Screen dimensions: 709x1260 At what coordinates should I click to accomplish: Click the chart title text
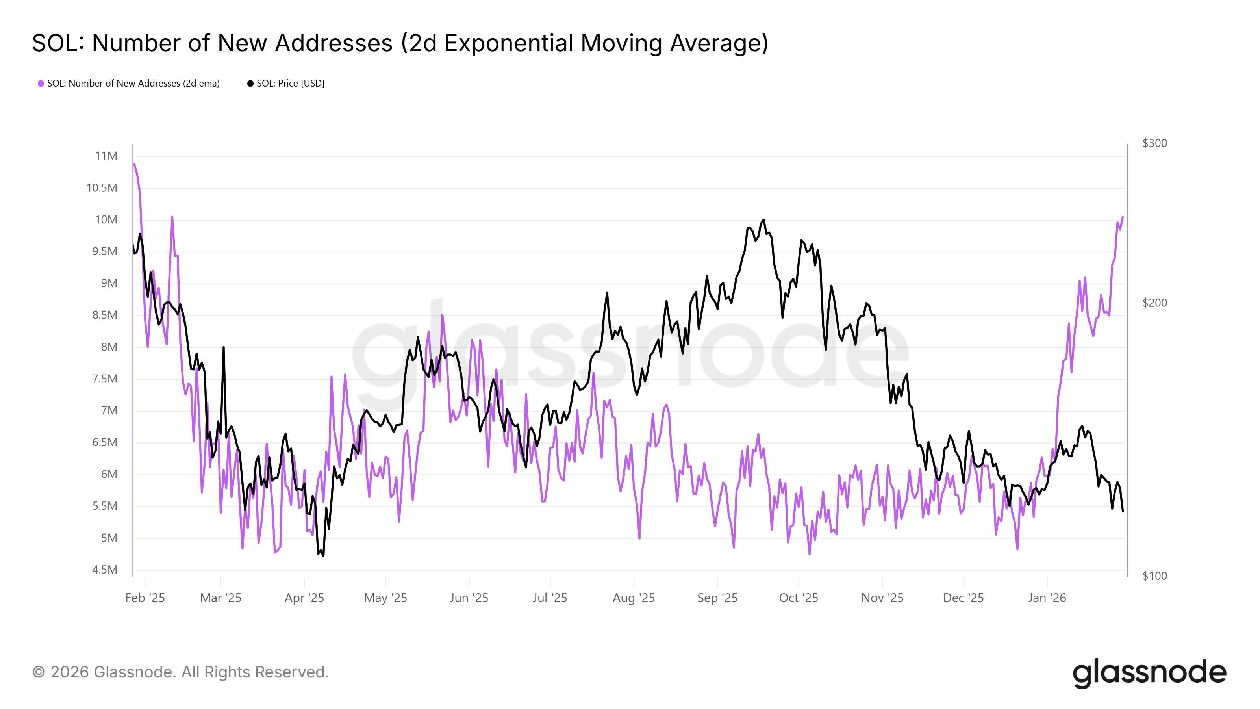tap(400, 43)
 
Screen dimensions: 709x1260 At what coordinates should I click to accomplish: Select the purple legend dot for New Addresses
tap(41, 84)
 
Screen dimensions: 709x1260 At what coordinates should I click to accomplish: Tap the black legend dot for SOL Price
tap(250, 84)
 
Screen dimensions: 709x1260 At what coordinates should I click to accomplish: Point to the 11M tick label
tap(106, 156)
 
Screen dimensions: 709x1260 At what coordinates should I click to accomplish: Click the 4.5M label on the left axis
tap(105, 570)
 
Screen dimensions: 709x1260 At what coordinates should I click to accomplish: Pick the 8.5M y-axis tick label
tap(105, 315)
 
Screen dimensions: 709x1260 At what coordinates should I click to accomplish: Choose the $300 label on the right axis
tap(1154, 143)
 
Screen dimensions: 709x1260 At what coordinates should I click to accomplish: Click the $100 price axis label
tap(1154, 576)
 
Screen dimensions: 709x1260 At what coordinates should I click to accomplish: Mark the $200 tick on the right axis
tap(1154, 303)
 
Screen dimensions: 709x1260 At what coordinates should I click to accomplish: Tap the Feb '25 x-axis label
tap(145, 598)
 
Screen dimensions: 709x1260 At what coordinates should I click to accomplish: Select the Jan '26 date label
tap(1047, 598)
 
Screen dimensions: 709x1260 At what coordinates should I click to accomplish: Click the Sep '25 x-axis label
tap(717, 598)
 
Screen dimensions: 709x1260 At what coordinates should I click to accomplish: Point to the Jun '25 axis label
tap(469, 598)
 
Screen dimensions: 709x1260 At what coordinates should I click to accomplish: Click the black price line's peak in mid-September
tap(763, 220)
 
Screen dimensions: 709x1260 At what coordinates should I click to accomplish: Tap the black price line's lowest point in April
tap(323, 556)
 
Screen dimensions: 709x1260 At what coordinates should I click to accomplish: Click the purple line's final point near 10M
tap(1123, 217)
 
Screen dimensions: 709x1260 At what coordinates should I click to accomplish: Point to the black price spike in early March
tap(224, 347)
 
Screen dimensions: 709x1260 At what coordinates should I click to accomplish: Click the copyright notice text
tap(180, 672)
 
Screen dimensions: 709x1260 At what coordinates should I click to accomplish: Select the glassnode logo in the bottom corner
tap(1149, 673)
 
